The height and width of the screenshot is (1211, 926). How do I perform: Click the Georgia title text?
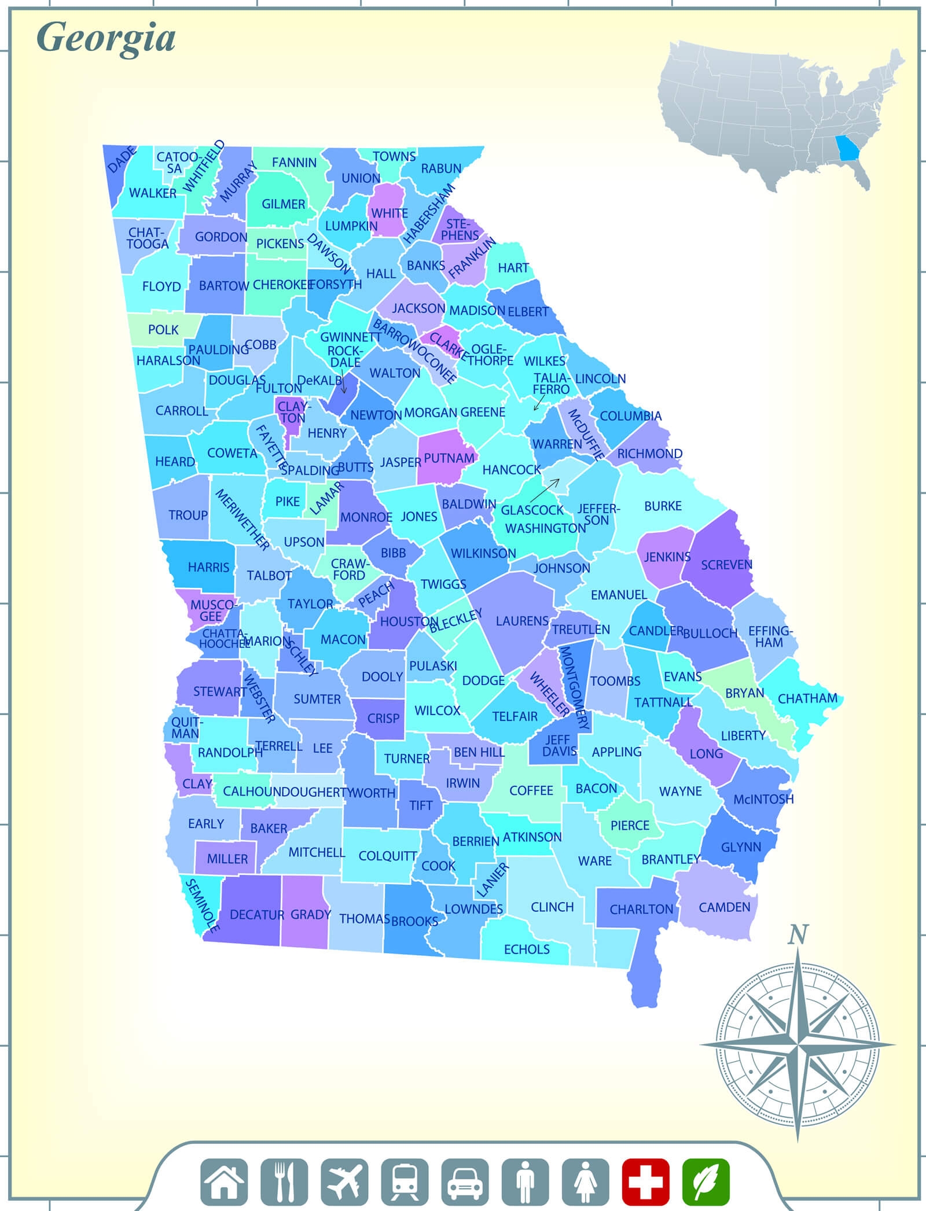(x=106, y=39)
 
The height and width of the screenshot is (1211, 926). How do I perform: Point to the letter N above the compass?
(x=798, y=934)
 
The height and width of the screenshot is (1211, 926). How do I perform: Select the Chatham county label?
(x=807, y=698)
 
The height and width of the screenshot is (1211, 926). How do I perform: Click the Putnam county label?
(x=449, y=458)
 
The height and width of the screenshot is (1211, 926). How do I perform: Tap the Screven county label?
(x=726, y=565)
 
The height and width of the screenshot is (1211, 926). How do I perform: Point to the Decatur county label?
(x=257, y=915)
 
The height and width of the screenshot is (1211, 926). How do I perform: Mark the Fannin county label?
(x=294, y=163)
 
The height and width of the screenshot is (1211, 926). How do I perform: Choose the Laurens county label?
(x=522, y=621)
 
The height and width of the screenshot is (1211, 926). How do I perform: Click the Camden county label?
(x=724, y=907)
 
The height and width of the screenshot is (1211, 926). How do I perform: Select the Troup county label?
(x=188, y=515)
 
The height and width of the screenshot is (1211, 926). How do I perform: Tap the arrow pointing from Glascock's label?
(x=545, y=491)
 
